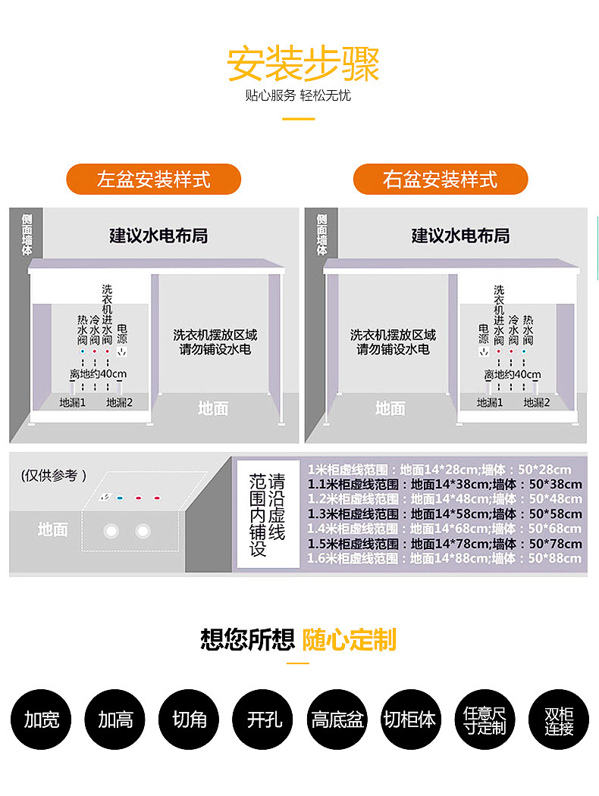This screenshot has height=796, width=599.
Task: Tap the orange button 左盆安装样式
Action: [154, 179]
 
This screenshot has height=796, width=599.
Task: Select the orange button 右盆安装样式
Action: [441, 179]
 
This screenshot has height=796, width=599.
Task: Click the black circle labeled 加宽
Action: [42, 719]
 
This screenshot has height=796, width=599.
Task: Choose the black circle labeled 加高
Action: [115, 719]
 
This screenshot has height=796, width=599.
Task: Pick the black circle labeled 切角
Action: [189, 719]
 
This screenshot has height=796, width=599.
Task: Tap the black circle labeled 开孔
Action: [263, 719]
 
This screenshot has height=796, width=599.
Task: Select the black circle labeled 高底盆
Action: [337, 719]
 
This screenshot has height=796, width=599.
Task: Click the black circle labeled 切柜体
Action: [410, 719]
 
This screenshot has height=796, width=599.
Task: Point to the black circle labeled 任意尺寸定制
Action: [484, 719]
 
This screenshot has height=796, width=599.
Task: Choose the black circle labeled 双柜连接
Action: [558, 719]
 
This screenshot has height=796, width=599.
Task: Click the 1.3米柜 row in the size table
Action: [445, 513]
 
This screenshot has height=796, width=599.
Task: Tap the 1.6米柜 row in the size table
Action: [445, 558]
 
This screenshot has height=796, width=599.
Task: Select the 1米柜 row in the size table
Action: [445, 469]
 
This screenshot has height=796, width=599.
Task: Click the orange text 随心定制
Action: [350, 640]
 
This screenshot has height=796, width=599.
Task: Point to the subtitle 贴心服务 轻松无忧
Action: [298, 96]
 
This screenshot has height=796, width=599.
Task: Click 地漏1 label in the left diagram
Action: [73, 403]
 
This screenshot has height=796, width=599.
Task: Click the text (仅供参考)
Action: [54, 476]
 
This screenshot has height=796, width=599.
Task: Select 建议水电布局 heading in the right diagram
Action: [460, 236]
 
